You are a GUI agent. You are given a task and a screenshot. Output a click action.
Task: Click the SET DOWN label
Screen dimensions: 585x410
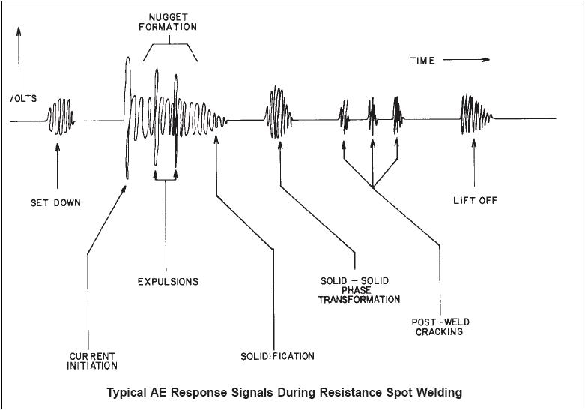click(x=55, y=203)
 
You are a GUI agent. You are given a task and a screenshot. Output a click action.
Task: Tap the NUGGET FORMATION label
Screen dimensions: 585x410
click(x=168, y=22)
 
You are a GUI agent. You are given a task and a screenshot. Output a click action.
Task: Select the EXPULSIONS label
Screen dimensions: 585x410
click(x=168, y=282)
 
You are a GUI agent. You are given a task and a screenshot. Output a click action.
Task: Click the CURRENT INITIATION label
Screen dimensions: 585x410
click(x=92, y=361)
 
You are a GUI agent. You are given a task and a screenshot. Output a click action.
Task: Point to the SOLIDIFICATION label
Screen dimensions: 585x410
click(x=277, y=356)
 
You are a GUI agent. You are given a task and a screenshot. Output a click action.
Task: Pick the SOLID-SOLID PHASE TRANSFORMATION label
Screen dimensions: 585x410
click(x=359, y=290)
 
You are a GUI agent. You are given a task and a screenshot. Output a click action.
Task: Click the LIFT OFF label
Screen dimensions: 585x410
click(x=476, y=201)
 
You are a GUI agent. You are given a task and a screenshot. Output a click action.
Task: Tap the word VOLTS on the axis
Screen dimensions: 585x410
click(x=23, y=99)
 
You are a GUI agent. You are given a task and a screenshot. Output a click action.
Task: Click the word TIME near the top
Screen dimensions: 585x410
click(x=422, y=61)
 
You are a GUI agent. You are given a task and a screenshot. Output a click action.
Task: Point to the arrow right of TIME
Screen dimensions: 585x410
click(x=467, y=60)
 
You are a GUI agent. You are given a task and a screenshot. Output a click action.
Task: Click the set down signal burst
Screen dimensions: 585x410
click(x=61, y=116)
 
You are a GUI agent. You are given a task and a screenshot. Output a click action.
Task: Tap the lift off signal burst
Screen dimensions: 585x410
click(x=476, y=112)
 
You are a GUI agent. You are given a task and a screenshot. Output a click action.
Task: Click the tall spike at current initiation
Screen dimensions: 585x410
click(x=127, y=118)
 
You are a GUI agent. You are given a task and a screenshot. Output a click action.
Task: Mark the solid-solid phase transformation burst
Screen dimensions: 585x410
click(x=279, y=112)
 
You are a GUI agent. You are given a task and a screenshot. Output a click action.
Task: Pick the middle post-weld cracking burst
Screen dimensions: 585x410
click(x=372, y=116)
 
